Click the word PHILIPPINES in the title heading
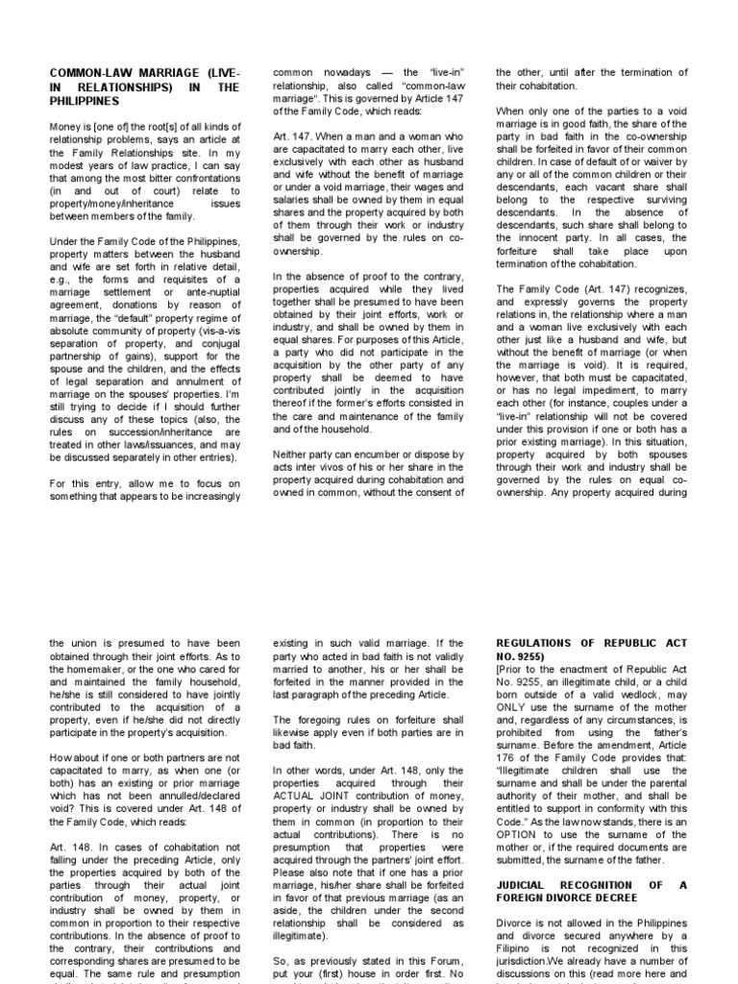click(85, 100)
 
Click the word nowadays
click(340, 72)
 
